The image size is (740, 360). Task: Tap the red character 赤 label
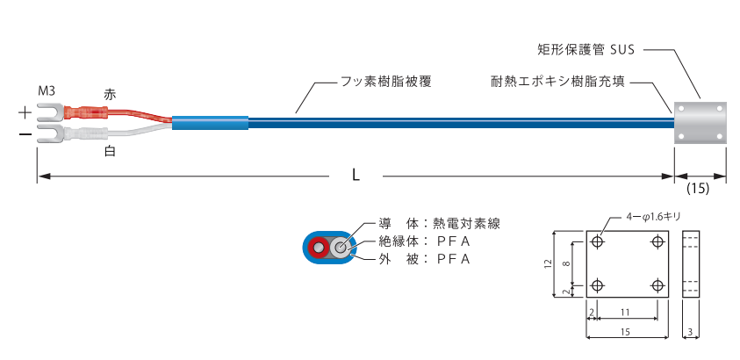pyautogui.click(x=109, y=93)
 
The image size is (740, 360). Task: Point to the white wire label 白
pyautogui.click(x=109, y=152)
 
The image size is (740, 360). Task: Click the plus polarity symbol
pyautogui.click(x=25, y=113)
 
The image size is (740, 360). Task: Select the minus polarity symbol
pyautogui.click(x=25, y=135)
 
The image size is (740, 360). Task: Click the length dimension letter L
pyautogui.click(x=356, y=175)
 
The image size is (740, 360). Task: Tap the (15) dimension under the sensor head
pyautogui.click(x=698, y=188)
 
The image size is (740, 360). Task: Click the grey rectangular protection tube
pyautogui.click(x=700, y=122)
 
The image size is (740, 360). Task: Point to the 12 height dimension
pyautogui.click(x=545, y=264)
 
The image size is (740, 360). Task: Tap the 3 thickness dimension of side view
pyautogui.click(x=693, y=332)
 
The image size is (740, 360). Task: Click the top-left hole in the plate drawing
pyautogui.click(x=598, y=243)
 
